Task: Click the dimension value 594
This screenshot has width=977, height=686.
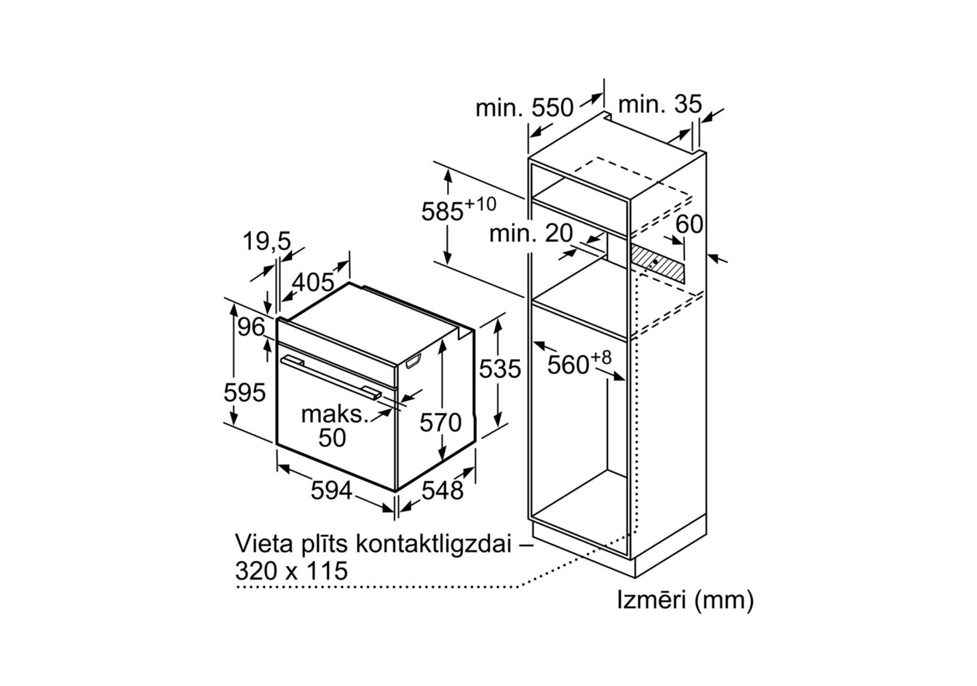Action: coord(331,490)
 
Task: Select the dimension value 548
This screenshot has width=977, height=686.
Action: coord(443,490)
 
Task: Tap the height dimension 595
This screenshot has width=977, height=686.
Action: coord(244,392)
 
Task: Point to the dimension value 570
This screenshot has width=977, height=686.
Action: coord(440,422)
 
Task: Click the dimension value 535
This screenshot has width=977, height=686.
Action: coord(499,369)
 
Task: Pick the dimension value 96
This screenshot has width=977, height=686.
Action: coord(252,328)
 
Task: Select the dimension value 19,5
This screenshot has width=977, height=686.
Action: coord(267,241)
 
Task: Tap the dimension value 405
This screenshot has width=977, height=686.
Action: coord(313,282)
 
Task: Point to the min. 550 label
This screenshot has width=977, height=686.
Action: coord(525,108)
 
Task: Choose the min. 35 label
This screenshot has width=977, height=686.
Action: coord(660,104)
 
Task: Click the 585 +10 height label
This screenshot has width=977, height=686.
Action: coord(458,210)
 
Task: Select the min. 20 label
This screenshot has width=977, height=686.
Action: coord(531,233)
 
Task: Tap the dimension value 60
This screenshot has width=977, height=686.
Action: coord(689,224)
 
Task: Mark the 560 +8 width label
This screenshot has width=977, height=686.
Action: coord(578,363)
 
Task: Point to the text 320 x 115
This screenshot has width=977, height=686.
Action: coord(291,571)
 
